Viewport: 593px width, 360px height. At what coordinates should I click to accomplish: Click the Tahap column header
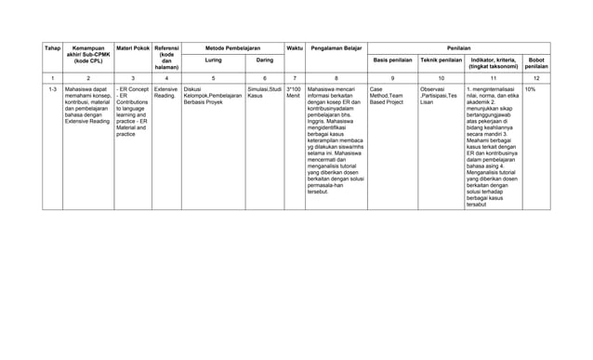[54, 46]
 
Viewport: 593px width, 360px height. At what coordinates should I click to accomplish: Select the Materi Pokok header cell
[132, 46]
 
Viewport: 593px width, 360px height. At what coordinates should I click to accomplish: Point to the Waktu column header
[294, 46]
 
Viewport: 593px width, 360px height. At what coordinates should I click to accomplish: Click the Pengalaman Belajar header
[336, 46]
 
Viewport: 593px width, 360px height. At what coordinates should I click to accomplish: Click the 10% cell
[530, 90]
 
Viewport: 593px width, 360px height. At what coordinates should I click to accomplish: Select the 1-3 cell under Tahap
[53, 90]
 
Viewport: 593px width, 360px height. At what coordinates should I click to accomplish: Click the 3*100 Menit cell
[294, 93]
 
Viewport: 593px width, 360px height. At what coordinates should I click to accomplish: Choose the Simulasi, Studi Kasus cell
[264, 93]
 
